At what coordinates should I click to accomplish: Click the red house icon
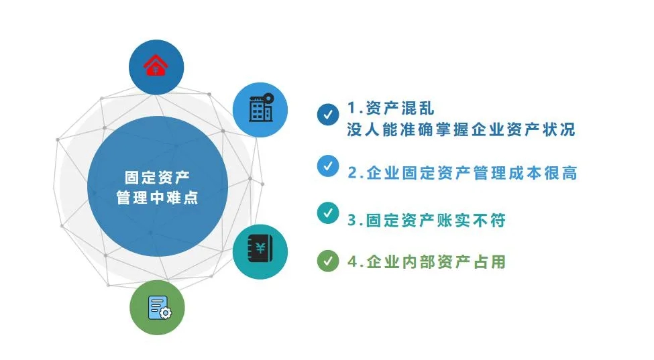click(156, 66)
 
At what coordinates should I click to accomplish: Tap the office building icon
click(261, 107)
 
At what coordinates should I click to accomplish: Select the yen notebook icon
click(260, 249)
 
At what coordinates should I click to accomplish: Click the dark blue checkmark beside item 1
click(328, 115)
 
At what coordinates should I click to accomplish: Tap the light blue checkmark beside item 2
click(328, 166)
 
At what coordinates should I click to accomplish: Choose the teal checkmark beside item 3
click(328, 213)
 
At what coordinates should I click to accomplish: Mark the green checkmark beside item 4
click(328, 261)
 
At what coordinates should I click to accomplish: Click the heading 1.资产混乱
click(391, 109)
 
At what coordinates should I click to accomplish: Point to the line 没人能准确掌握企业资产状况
click(461, 129)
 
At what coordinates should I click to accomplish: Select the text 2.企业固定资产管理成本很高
click(463, 173)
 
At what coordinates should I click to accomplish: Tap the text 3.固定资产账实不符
click(427, 221)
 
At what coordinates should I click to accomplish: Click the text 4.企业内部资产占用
click(427, 261)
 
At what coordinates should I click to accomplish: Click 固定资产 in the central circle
click(157, 178)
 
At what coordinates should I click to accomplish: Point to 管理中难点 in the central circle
click(157, 198)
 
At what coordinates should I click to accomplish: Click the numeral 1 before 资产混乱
click(351, 109)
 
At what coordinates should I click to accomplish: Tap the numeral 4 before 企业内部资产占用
click(353, 261)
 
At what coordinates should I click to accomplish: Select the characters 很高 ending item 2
click(561, 173)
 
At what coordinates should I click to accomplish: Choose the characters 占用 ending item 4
click(490, 261)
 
